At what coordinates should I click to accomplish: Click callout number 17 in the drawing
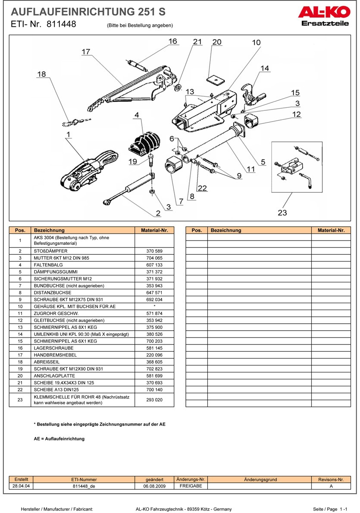(86, 52)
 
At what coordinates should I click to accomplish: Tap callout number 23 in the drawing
(282, 213)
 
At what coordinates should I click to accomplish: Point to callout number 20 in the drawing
(217, 42)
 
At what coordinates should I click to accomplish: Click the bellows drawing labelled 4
(144, 142)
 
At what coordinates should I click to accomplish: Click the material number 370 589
(154, 251)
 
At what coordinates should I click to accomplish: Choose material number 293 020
(154, 400)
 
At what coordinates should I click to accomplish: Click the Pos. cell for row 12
(20, 320)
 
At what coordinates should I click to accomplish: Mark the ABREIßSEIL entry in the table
(45, 362)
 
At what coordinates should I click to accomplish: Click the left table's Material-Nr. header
(154, 231)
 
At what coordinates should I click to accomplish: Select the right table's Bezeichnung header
(226, 231)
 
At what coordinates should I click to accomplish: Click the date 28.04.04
(21, 486)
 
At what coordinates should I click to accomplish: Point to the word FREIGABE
(190, 486)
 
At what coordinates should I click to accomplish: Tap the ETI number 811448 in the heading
(62, 25)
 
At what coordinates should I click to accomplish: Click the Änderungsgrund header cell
(260, 479)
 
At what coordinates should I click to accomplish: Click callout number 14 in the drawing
(264, 68)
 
